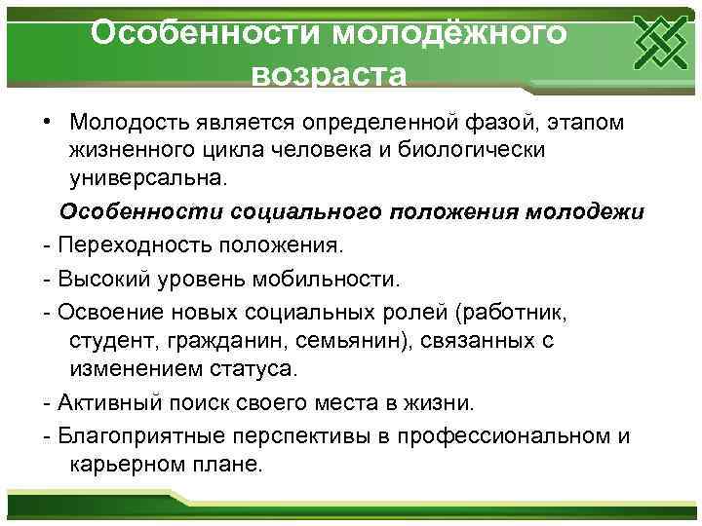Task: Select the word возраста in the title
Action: (328, 75)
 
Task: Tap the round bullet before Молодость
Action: (47, 124)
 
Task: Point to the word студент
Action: (108, 342)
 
